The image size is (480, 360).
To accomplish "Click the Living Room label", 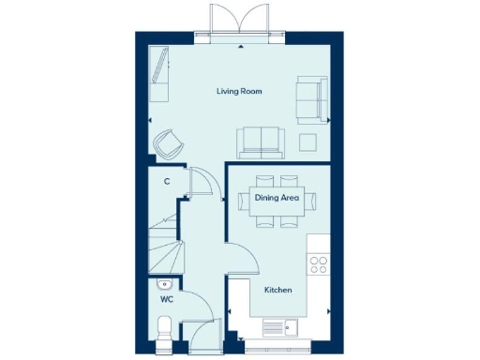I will (x=239, y=92).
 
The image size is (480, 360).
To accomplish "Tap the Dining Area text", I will (x=277, y=198).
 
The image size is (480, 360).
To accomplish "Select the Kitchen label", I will (x=278, y=291).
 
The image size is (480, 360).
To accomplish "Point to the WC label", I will (x=166, y=300).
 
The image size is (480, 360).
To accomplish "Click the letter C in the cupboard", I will (x=166, y=181).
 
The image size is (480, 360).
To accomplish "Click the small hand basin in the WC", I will (x=163, y=282).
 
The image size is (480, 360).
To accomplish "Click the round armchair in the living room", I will (x=170, y=142).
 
